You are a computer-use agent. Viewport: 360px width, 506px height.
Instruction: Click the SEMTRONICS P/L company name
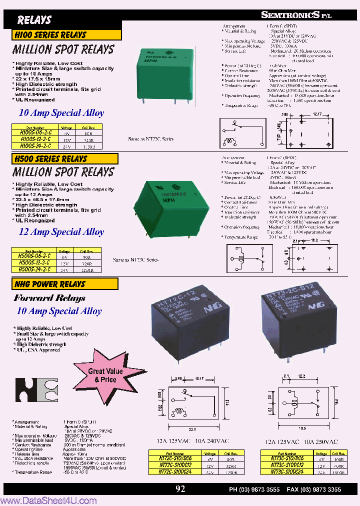click(x=296, y=15)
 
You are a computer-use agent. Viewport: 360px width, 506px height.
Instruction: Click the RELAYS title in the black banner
click(x=34, y=20)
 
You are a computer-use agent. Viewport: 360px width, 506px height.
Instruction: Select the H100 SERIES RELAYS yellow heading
click(x=51, y=35)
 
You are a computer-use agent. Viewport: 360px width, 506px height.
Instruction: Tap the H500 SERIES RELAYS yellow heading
click(x=51, y=159)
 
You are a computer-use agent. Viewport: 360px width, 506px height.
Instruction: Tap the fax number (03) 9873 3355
click(x=322, y=489)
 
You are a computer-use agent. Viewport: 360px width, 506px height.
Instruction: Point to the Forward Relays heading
click(x=49, y=298)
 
